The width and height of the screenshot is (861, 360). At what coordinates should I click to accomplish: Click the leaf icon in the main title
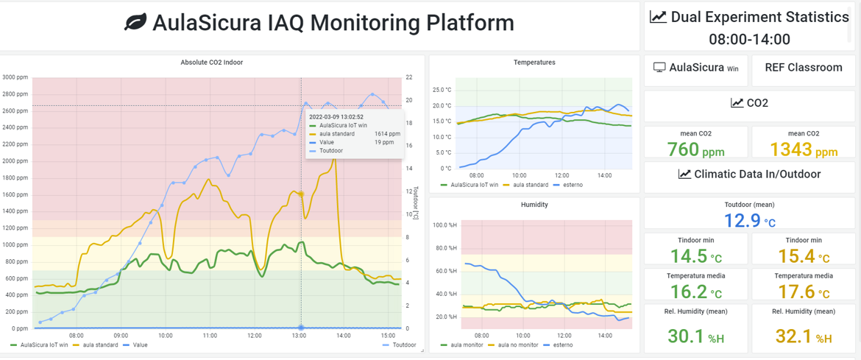[x=135, y=24]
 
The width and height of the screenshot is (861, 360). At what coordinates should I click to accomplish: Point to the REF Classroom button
[x=803, y=68]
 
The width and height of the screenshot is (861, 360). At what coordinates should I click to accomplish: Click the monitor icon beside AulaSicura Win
[x=659, y=68]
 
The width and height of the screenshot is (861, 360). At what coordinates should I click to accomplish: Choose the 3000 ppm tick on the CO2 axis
[x=14, y=77]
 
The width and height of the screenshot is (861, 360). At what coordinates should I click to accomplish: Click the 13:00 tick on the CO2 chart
[x=299, y=336]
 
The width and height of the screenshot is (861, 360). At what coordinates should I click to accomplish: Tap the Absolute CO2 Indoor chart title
[x=212, y=63]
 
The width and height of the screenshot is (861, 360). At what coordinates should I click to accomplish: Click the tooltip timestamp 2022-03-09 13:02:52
[x=336, y=116]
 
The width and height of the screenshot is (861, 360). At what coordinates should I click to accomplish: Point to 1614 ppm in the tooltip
[x=387, y=134]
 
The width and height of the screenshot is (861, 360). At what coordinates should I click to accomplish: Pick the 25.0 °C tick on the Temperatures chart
[x=442, y=90]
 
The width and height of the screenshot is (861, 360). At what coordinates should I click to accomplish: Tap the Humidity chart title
[x=534, y=205]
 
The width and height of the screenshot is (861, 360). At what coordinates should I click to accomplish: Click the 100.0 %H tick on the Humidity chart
[x=444, y=225]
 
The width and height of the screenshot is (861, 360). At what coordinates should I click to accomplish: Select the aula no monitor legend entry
[x=518, y=345]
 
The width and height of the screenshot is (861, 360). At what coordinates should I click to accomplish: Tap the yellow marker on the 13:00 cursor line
[x=300, y=194]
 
